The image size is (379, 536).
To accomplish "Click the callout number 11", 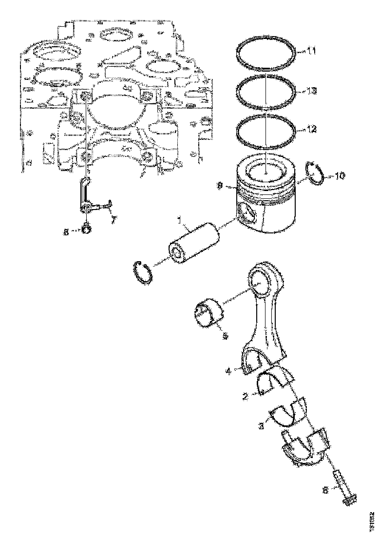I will [x=311, y=51].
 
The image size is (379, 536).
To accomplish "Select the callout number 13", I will [x=311, y=91].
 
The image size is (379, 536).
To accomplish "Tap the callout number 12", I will [x=311, y=129].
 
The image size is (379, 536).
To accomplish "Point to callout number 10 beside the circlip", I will [x=340, y=175].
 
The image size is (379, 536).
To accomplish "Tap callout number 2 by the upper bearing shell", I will [x=246, y=397].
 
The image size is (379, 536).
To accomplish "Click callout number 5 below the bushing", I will [x=225, y=336].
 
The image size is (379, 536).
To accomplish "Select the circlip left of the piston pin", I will [x=143, y=271].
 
